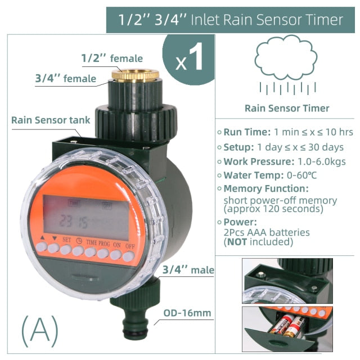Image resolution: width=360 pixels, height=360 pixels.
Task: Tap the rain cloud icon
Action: point(286,56)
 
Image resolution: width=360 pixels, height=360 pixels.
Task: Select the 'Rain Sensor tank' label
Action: point(46,120)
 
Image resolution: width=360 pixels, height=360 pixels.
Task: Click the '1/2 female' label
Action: point(112,58)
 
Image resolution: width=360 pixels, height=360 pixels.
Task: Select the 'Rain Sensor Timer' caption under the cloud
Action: point(287,109)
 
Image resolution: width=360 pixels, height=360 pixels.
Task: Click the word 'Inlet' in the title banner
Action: point(205,20)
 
